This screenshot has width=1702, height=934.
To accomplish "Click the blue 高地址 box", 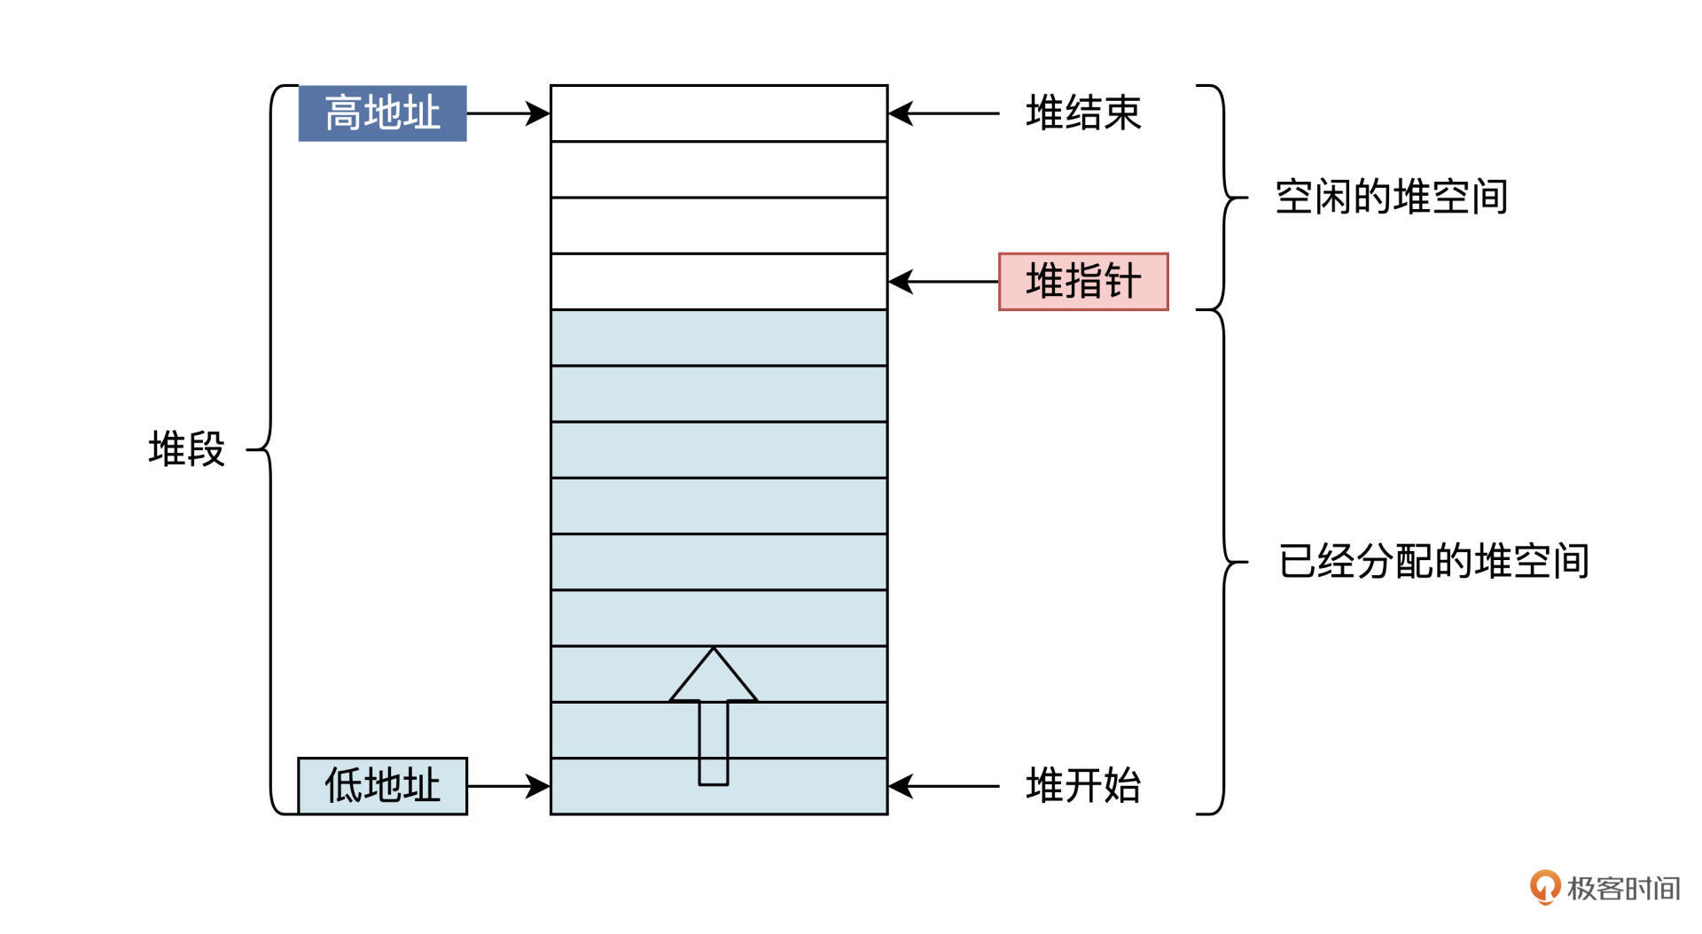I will click(382, 113).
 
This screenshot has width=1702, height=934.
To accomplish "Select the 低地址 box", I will click(382, 786).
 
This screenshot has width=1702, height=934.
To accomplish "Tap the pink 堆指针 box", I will click(1083, 282).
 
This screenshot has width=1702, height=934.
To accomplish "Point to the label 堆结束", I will click(1083, 113).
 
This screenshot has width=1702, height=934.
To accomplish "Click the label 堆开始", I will click(1083, 786).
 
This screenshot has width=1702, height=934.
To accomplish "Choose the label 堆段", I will click(186, 449).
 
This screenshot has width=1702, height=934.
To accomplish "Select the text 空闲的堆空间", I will click(1391, 197).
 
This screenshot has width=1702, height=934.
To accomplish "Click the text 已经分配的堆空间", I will click(1433, 562).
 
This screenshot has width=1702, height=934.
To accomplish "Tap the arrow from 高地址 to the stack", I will click(508, 113).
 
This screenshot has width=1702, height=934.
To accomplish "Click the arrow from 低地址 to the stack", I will click(508, 786).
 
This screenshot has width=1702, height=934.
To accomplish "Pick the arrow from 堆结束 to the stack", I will click(943, 113).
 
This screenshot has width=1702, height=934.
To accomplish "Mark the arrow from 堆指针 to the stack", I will click(943, 282).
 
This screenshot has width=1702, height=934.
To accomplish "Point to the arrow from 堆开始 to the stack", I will click(943, 786).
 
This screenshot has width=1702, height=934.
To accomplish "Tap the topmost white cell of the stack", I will click(719, 113).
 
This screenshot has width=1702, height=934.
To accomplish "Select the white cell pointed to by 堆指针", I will click(719, 282).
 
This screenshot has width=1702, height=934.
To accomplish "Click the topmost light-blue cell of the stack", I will click(719, 338).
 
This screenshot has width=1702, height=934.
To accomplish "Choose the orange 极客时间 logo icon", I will click(1544, 887).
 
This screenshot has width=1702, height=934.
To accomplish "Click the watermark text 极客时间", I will click(1623, 888).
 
